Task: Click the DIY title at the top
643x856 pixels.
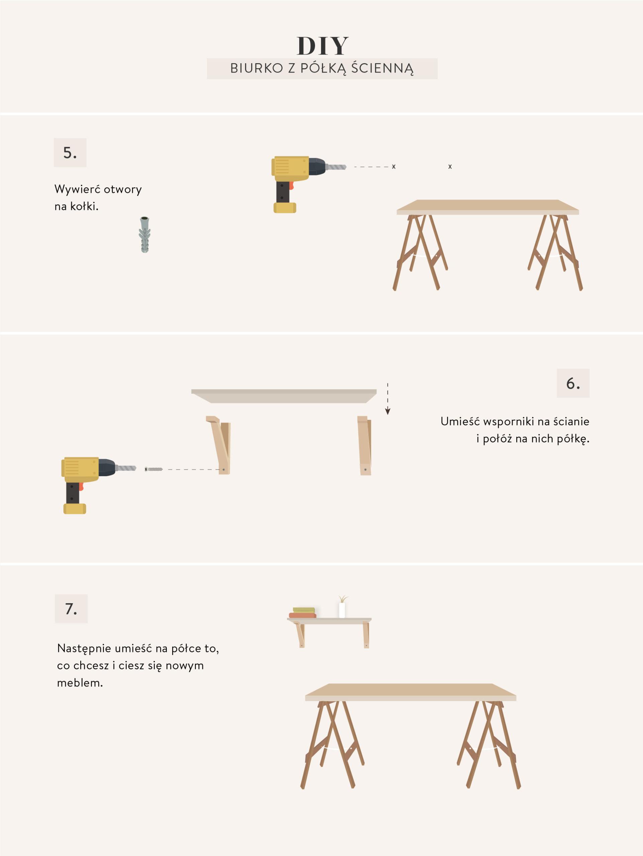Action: click(x=322, y=46)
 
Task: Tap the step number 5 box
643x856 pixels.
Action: click(x=70, y=153)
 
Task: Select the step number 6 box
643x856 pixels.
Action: click(x=573, y=384)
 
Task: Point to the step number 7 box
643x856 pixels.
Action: click(x=71, y=609)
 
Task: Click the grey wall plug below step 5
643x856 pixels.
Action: click(x=145, y=234)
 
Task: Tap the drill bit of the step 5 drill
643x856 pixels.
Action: click(x=336, y=167)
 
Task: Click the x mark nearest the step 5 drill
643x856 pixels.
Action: click(x=394, y=167)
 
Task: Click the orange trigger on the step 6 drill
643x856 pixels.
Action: click(x=81, y=487)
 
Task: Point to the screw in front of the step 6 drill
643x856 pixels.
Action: click(x=154, y=469)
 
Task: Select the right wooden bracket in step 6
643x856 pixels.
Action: click(x=364, y=445)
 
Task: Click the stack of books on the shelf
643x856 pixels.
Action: click(x=303, y=613)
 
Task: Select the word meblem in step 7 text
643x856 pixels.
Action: click(x=80, y=683)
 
